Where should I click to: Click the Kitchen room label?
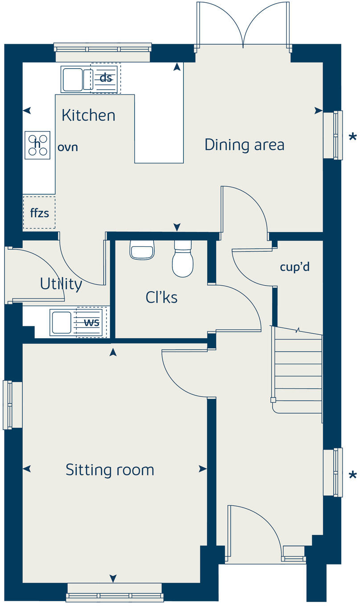[89, 115]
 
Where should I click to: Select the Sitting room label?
[110, 470]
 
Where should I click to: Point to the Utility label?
[61, 284]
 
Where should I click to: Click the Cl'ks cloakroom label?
[161, 297]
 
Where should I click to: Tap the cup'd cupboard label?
[295, 267]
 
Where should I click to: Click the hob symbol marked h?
[37, 145]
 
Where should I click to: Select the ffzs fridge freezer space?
[39, 213]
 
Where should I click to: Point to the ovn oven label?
[68, 147]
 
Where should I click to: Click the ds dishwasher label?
[106, 78]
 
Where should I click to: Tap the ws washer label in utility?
[91, 323]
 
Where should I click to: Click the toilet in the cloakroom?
[183, 258]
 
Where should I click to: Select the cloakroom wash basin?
[142, 250]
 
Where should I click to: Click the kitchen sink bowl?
[73, 79]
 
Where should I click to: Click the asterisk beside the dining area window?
[353, 137]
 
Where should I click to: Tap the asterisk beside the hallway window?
[353, 475]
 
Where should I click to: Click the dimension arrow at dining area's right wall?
[319, 111]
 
